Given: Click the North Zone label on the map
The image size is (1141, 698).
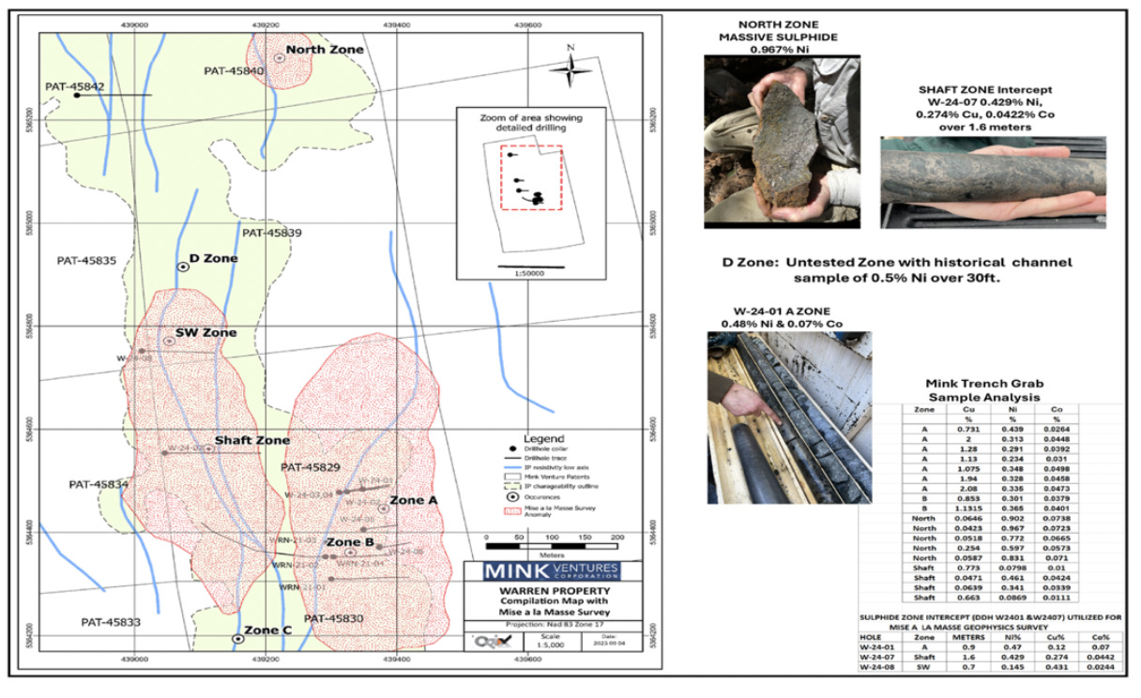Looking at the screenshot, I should point(325,49).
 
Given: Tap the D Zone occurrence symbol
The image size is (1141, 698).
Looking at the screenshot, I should point(183,266).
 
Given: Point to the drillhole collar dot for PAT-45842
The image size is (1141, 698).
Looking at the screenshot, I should point(77,95).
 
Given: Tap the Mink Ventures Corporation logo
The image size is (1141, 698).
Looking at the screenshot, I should point(551,571).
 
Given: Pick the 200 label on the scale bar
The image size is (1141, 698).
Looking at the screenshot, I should point(616,537).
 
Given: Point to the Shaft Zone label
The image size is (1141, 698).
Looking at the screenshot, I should point(251,440).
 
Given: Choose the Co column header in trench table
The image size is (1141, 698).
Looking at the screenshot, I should point(1056,409).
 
